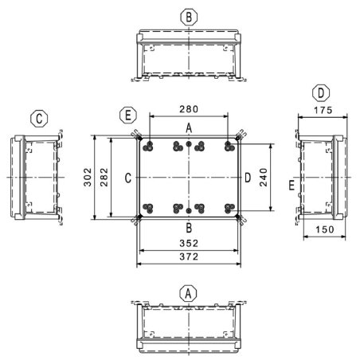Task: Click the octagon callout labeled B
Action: pos(189,18)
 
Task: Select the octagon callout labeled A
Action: pos(188,294)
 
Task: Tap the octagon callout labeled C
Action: pos(39,119)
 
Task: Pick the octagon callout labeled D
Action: pos(321,93)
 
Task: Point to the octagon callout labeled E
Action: pos(128,115)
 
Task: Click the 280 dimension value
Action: pos(189,109)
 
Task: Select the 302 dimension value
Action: pos(88,177)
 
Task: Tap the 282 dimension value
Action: pos(104,177)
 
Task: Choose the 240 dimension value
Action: pos(264,178)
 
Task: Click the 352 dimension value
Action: pos(189,243)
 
